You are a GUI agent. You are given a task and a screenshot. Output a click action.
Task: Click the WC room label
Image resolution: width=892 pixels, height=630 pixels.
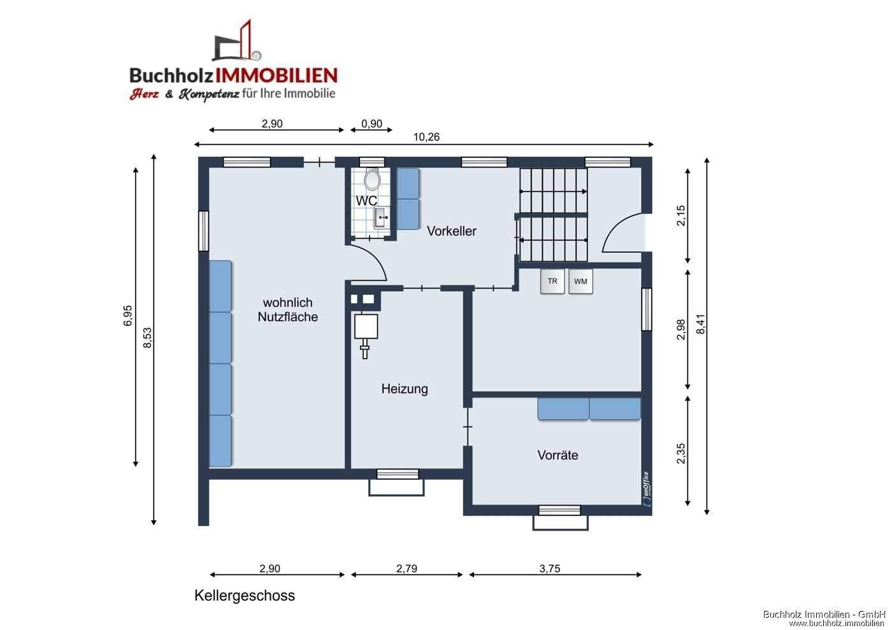[x=366, y=201]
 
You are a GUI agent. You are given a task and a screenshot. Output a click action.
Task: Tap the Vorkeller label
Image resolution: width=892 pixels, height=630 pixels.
[x=451, y=231]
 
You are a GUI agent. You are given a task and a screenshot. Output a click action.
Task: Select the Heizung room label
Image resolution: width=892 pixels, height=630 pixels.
[x=405, y=389]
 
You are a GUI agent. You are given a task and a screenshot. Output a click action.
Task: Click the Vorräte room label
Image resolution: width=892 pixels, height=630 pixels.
[x=557, y=455]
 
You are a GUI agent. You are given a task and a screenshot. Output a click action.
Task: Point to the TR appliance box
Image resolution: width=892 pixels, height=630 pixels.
[x=552, y=282]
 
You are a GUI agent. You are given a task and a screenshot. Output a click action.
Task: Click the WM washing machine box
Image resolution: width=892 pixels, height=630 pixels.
[x=580, y=282]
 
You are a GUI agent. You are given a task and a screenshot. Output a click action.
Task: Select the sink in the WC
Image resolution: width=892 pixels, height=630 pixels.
[x=381, y=218]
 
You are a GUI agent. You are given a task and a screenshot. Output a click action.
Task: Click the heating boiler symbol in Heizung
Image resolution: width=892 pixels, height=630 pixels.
[x=366, y=329]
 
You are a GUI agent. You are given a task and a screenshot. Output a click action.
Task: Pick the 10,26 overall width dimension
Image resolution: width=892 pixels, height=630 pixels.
[x=426, y=137]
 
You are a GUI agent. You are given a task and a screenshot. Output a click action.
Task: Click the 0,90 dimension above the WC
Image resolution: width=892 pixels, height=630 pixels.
[x=371, y=124]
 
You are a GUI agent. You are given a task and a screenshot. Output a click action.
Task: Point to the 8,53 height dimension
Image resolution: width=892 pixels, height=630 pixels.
[x=148, y=338]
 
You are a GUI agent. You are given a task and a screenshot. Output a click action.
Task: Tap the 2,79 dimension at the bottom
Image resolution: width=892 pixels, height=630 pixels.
[x=406, y=569]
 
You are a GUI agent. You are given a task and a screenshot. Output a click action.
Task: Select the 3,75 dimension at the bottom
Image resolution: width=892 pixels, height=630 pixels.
[x=549, y=569]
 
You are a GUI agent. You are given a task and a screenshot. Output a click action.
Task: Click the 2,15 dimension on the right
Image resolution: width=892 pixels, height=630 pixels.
[x=681, y=215]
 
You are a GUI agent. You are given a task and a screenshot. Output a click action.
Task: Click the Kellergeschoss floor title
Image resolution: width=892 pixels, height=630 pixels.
[x=245, y=596]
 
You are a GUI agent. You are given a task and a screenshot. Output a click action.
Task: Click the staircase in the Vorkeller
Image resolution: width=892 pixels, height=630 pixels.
[x=553, y=215]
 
